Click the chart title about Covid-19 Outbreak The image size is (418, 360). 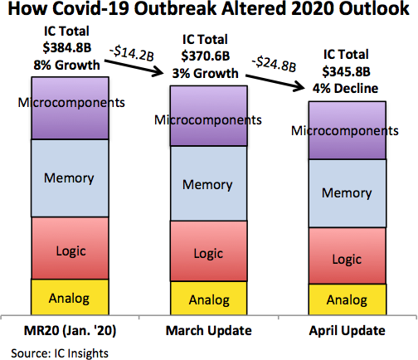click(209, 12)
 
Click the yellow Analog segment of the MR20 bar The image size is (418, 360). click(70, 296)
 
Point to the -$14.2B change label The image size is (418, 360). click(135, 54)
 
